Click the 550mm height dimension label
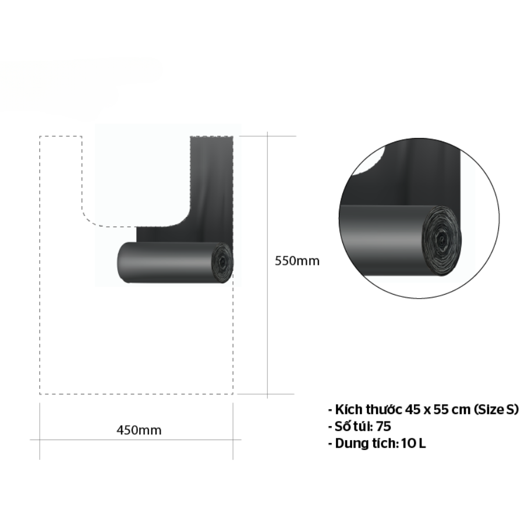(297, 261)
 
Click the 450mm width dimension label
(139, 430)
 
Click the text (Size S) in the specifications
(495, 409)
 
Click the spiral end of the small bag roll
(222, 263)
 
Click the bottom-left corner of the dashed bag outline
(40, 394)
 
